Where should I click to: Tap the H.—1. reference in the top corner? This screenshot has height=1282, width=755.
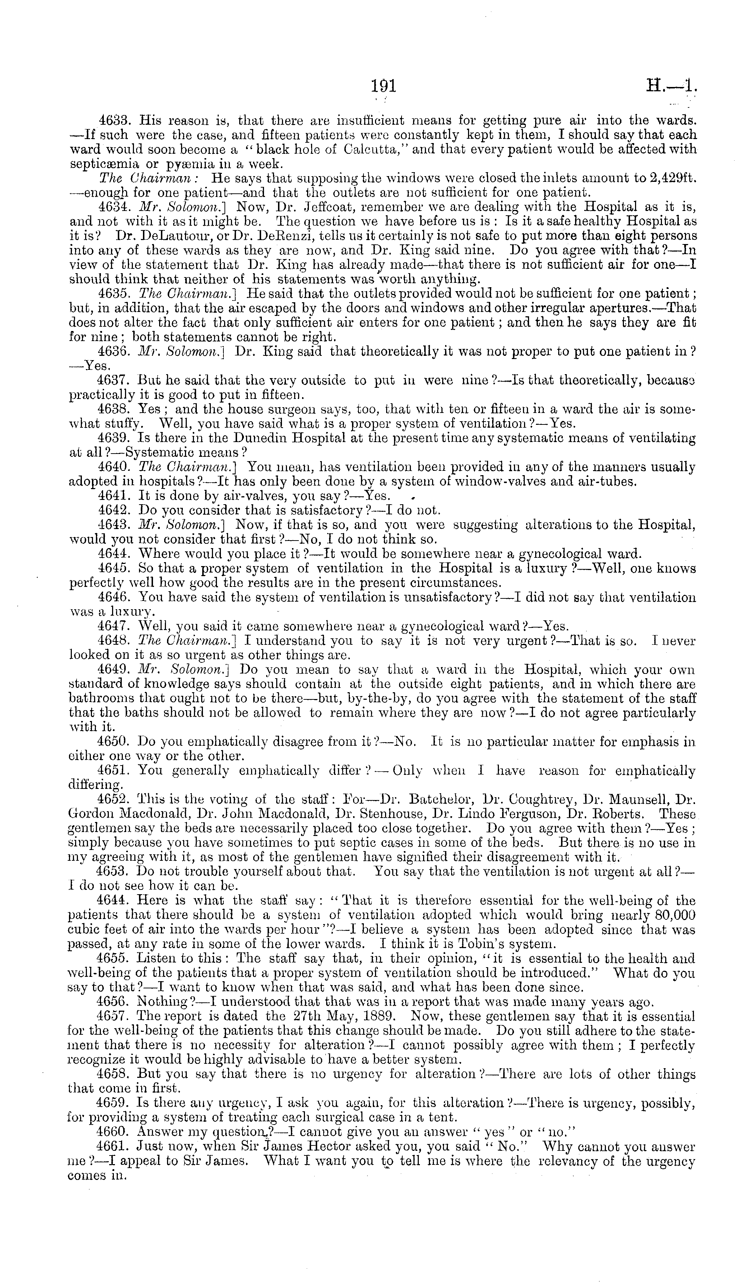click(671, 85)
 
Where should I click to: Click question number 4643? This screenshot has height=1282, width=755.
click(115, 525)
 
